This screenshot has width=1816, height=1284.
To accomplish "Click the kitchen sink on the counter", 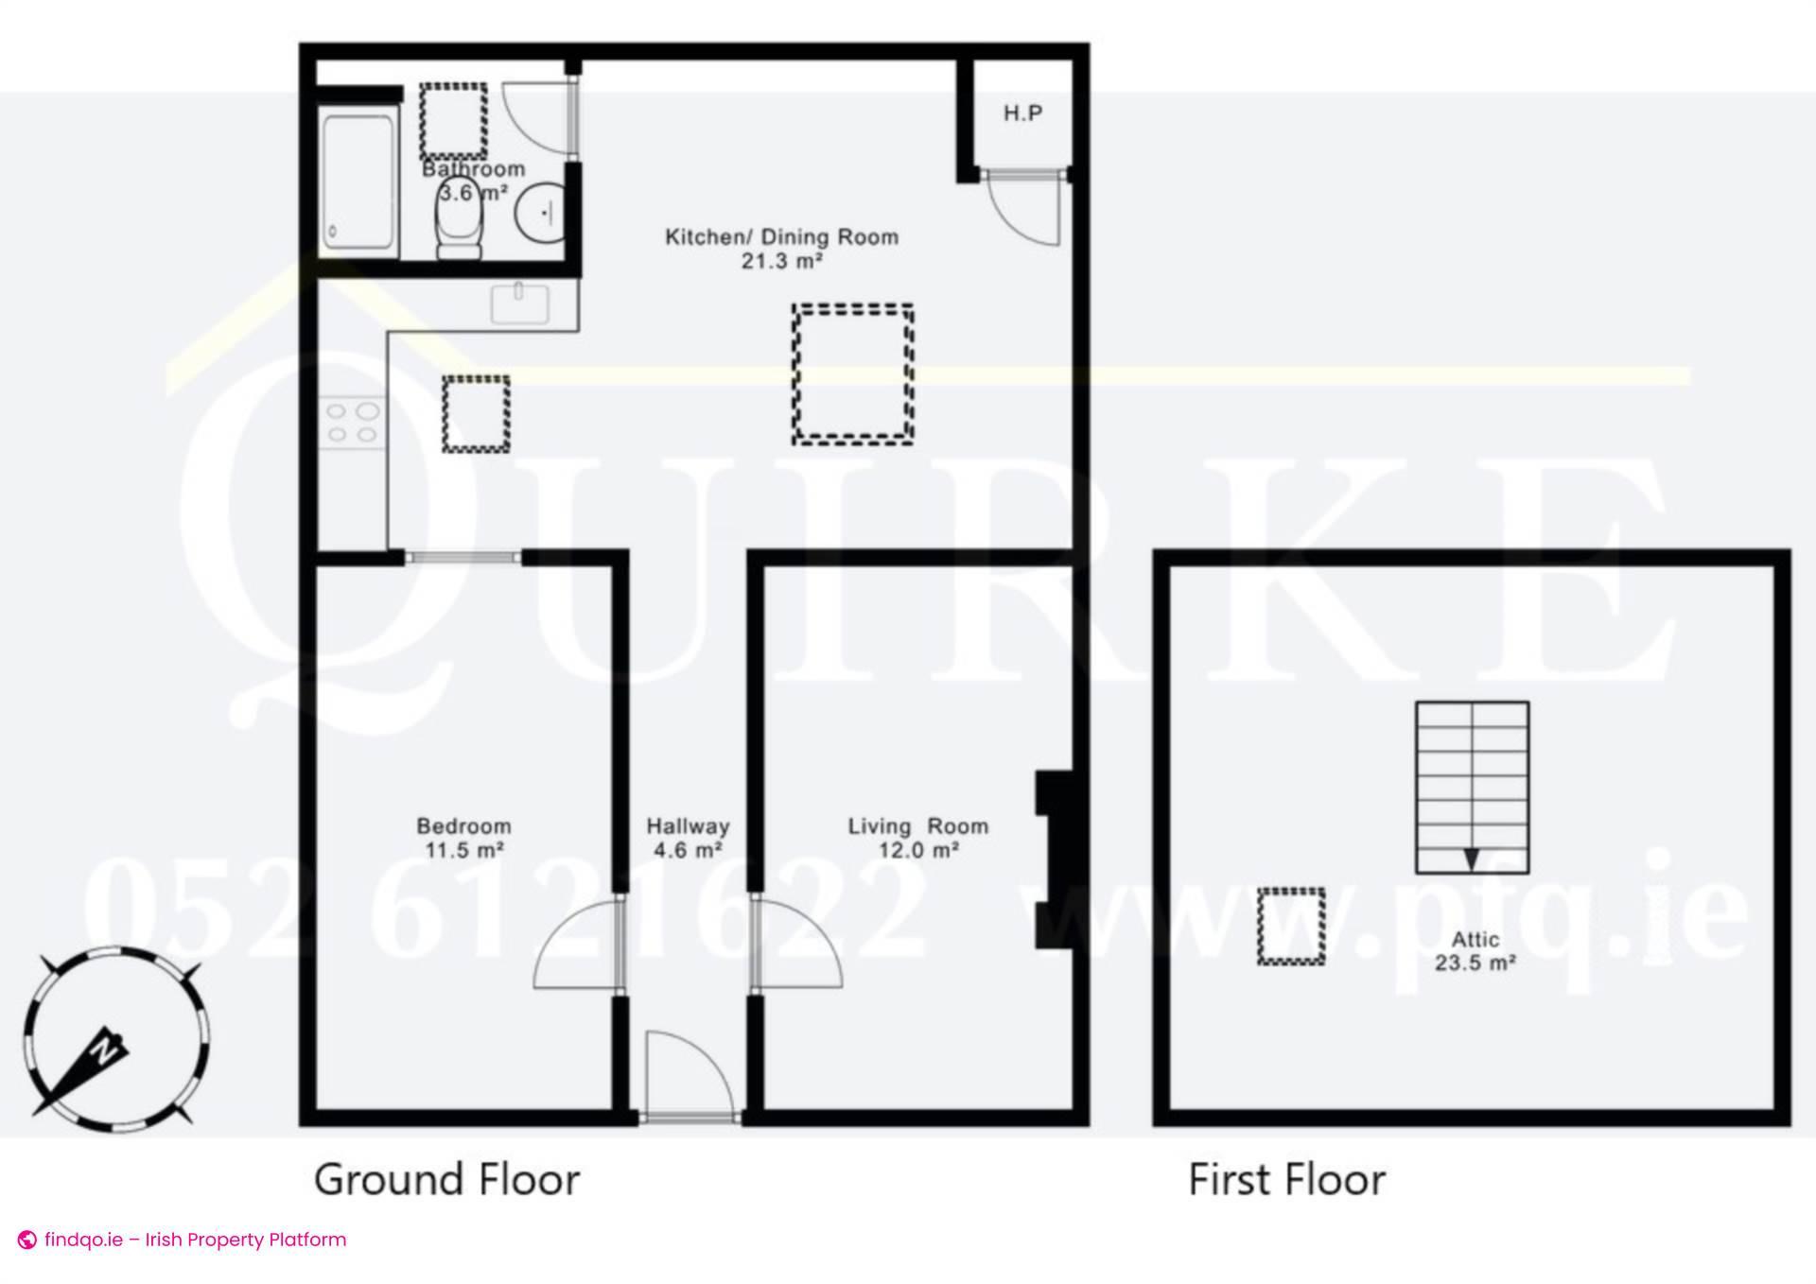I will (519, 304).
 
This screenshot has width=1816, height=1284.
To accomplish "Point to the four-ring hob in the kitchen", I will (352, 423).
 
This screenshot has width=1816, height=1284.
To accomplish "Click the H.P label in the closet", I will (1022, 113).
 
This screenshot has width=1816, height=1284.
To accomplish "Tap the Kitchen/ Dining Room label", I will (781, 248).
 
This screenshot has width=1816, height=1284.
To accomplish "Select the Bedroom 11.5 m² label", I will (463, 838).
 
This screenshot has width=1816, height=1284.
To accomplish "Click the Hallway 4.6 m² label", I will (688, 838).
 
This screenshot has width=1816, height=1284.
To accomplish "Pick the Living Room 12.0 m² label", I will (917, 838).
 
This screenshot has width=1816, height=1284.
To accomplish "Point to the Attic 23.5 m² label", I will (1475, 950).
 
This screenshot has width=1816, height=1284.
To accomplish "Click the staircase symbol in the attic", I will (1472, 787).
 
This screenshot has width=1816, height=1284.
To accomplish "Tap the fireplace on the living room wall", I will (1055, 859).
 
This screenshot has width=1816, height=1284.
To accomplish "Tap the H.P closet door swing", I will (1024, 210).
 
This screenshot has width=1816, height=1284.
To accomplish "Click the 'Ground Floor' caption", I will (446, 1180).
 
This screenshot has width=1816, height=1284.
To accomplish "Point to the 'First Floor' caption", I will (1286, 1180).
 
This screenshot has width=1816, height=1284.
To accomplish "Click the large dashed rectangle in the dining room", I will (853, 373).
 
